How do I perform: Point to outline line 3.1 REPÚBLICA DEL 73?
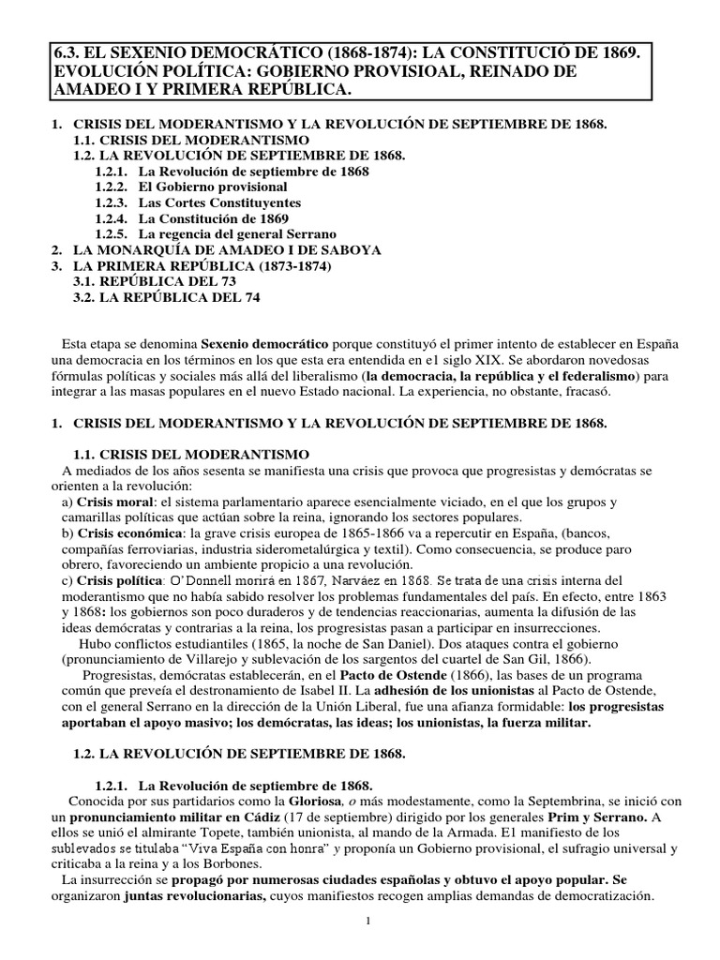pos(155,281)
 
